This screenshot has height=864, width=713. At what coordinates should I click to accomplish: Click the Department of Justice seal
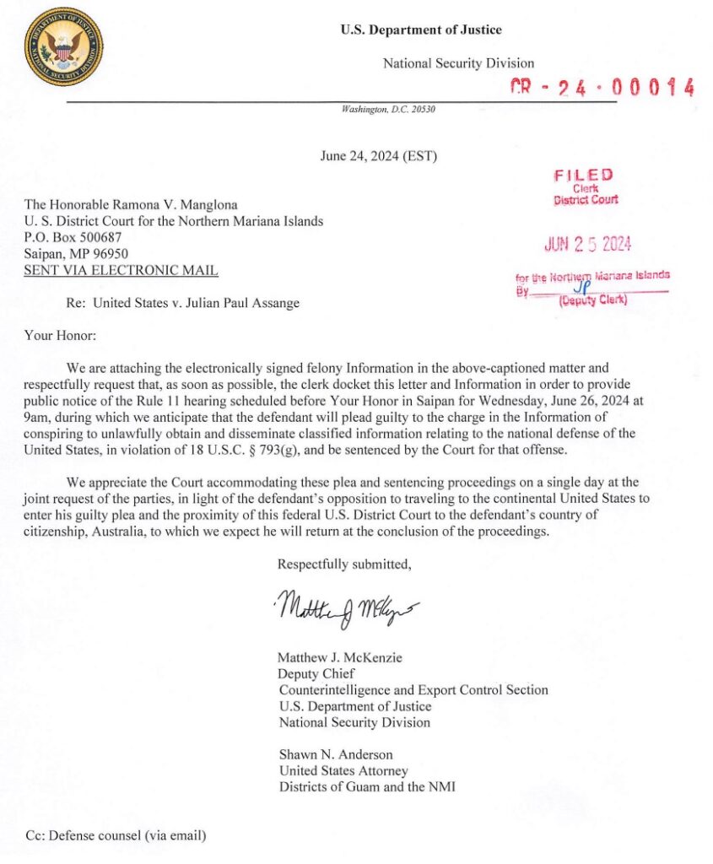coord(63,46)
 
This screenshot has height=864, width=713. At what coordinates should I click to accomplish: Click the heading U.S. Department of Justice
coord(421,30)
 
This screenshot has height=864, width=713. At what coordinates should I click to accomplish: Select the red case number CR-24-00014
coord(602,87)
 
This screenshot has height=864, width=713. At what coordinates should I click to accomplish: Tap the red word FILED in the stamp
coord(584,175)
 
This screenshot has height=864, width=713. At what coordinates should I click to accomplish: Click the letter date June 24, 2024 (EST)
coord(379,156)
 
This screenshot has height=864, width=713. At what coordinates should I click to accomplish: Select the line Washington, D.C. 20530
coord(388,110)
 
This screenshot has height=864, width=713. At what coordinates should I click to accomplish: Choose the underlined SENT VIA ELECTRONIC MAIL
coord(122,270)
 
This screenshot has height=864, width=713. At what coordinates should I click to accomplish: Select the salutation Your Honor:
coord(61,336)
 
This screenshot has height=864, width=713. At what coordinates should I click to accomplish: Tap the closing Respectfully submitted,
coord(344,564)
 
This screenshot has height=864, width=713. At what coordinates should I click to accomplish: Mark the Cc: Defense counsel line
coord(116,836)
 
